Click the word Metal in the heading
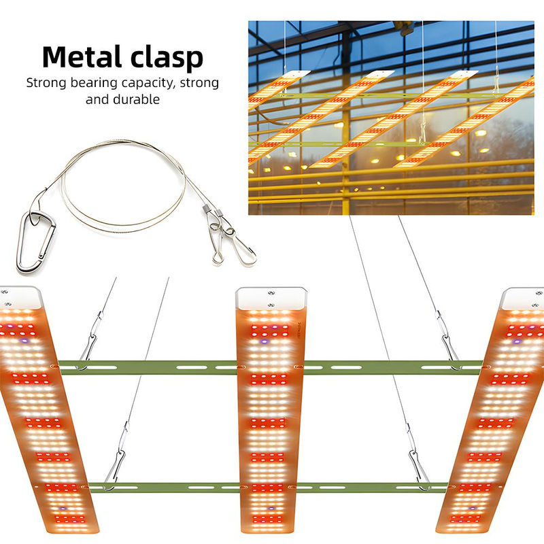coord(82,56)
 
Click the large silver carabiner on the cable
coord(35,242)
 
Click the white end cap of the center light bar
coord(271,298)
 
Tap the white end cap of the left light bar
coord(20,297)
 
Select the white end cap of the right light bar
coord(522,299)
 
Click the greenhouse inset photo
coord(391,118)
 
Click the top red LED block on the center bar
coord(269,331)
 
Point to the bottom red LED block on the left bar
coord(69,519)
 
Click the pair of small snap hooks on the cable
coord(229,235)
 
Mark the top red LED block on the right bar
coord(520,331)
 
